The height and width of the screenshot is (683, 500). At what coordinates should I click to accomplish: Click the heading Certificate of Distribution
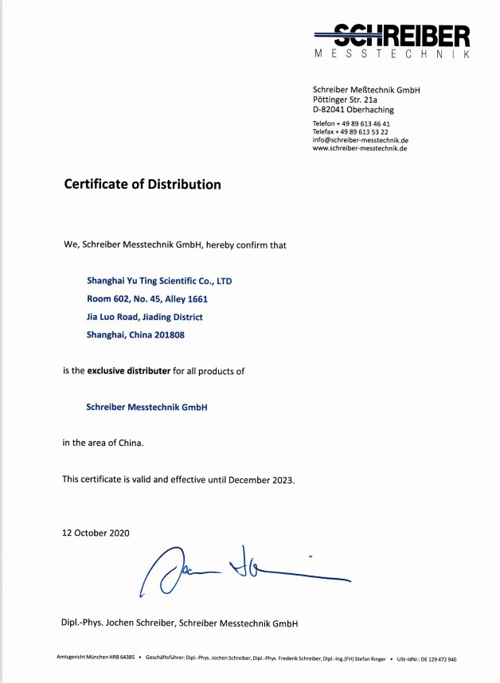143,185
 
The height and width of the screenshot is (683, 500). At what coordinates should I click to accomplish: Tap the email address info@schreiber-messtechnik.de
360,140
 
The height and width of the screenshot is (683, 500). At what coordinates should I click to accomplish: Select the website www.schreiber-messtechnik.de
359,148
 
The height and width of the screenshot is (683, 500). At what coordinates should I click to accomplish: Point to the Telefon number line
351,124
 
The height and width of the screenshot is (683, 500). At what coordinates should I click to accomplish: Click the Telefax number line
350,132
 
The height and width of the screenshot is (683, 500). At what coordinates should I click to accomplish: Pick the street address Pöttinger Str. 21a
345,100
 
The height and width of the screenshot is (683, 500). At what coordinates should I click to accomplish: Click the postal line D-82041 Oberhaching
353,110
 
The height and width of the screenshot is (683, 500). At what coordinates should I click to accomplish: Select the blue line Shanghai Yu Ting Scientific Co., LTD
159,282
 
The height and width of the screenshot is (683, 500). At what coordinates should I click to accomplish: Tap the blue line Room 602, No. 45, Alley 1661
147,299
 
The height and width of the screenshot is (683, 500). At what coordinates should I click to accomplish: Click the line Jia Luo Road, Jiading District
144,317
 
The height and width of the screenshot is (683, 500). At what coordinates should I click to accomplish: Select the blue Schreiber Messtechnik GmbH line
146,407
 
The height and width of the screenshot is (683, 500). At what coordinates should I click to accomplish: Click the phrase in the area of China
103,443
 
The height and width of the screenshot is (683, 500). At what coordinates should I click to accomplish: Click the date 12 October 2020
96,533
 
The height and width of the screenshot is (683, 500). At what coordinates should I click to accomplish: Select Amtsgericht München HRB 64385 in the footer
95,659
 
